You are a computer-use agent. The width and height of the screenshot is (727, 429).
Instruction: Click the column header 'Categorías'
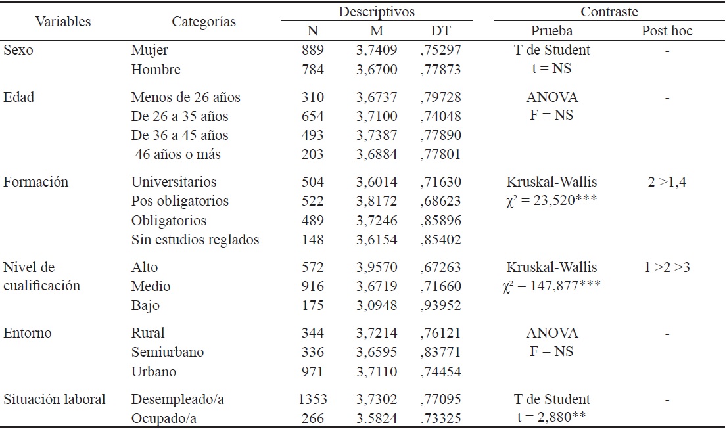[x=204, y=22]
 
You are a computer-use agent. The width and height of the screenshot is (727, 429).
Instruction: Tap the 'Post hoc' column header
[x=667, y=31]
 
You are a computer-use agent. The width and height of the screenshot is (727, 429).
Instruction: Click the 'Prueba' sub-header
[x=551, y=31]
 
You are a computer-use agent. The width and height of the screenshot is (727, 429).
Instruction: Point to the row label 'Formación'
[x=35, y=182]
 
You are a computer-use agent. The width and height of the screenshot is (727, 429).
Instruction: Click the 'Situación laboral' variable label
[x=55, y=399]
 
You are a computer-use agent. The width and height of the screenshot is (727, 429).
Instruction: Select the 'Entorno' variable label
[x=28, y=333]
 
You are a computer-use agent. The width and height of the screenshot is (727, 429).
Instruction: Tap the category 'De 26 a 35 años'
[x=179, y=116]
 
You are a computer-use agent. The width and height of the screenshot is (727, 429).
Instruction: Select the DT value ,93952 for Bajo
[x=441, y=305]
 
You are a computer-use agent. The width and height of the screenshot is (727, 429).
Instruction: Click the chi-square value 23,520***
[x=551, y=202]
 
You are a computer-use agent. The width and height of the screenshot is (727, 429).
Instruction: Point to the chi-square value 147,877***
[x=551, y=286]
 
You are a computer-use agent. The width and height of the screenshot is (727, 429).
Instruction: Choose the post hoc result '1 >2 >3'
[x=667, y=267]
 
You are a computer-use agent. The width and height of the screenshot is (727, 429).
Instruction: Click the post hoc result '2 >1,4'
[x=667, y=182]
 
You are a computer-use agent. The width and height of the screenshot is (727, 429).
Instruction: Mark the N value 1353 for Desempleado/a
[x=312, y=399]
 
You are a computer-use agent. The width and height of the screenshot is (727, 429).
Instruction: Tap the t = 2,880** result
[x=551, y=418]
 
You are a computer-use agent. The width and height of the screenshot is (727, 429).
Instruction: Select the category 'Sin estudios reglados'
[x=195, y=240]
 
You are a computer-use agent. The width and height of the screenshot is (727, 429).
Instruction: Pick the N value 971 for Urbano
[x=312, y=372]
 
